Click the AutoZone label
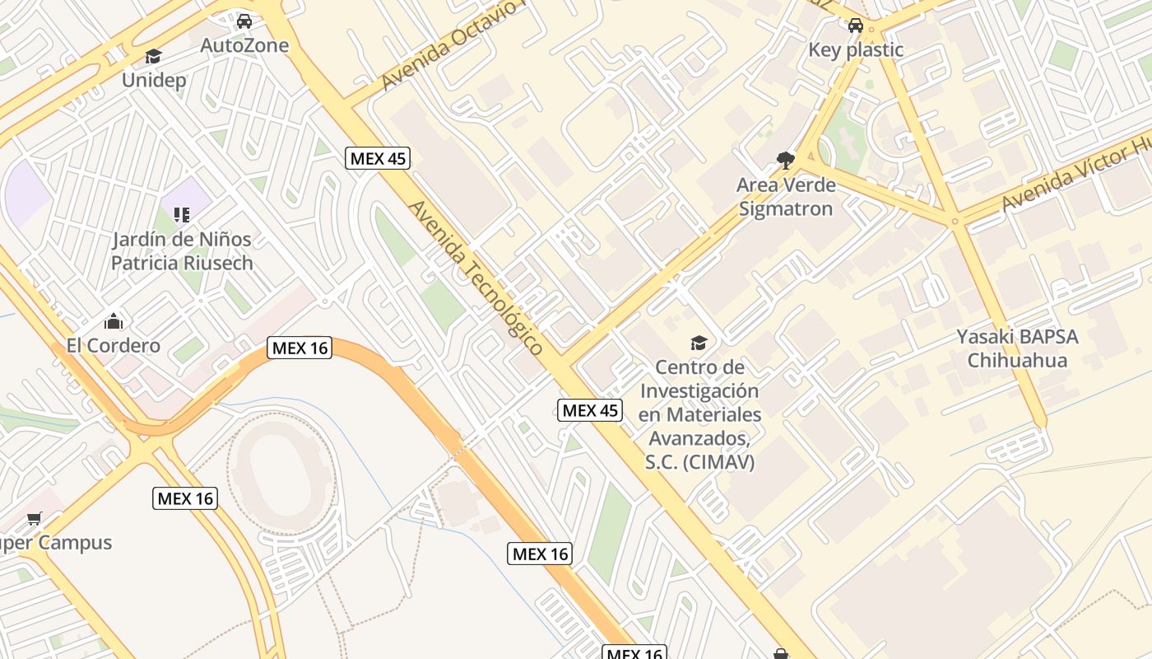pos(244,45)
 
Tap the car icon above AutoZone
pos(244,21)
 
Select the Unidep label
pos(154,80)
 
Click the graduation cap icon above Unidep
pos(153,56)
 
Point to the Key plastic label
pos(856,49)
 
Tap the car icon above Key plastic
pos(856,26)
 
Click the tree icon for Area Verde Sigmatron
pos(785,160)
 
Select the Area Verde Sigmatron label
pos(786,197)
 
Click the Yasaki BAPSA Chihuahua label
pos(1017,348)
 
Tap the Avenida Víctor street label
pos(1074,175)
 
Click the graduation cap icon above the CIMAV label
pos(699,343)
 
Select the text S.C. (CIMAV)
pos(699,462)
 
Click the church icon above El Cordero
pos(114,320)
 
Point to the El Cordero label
pos(114,345)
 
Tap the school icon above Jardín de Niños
pos(182,215)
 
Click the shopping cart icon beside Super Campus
pos(34,519)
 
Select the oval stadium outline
pos(281,473)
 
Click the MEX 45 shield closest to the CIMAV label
pos(590,410)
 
